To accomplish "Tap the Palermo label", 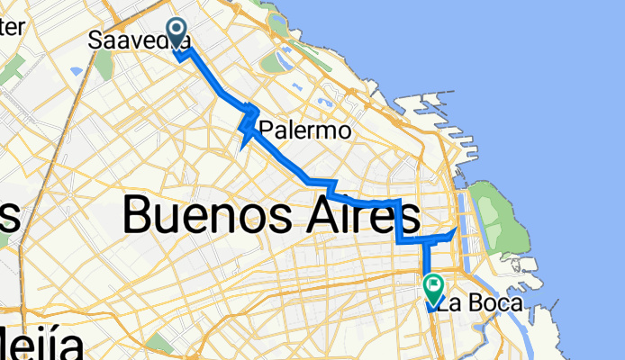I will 304,131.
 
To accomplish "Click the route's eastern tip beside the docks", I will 456,230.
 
